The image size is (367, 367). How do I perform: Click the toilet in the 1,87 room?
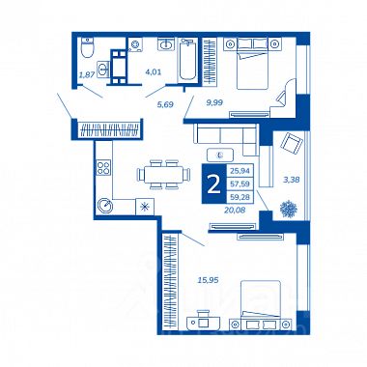click(x=87, y=47)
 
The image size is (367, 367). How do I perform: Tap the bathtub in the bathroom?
click(x=187, y=59)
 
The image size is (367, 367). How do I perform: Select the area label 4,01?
click(x=154, y=72)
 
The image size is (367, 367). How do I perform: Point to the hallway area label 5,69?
click(x=165, y=104)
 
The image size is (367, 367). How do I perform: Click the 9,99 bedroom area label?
click(x=214, y=102)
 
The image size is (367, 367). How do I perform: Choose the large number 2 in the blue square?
click(x=213, y=184)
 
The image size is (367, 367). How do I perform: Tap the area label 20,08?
click(x=235, y=210)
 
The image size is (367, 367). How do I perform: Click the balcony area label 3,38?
click(x=291, y=180)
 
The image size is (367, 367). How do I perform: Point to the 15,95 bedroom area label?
click(x=208, y=280)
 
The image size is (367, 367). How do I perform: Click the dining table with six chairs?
click(x=163, y=174)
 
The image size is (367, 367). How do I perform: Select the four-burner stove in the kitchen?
click(x=103, y=167)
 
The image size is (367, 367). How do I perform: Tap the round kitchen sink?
click(x=105, y=206)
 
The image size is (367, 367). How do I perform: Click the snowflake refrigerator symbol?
click(x=145, y=207)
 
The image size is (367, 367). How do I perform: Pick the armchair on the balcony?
click(x=292, y=144)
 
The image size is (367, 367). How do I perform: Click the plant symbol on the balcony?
click(x=288, y=209)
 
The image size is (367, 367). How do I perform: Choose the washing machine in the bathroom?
click(x=135, y=44)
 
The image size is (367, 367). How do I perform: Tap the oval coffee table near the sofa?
click(x=220, y=155)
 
